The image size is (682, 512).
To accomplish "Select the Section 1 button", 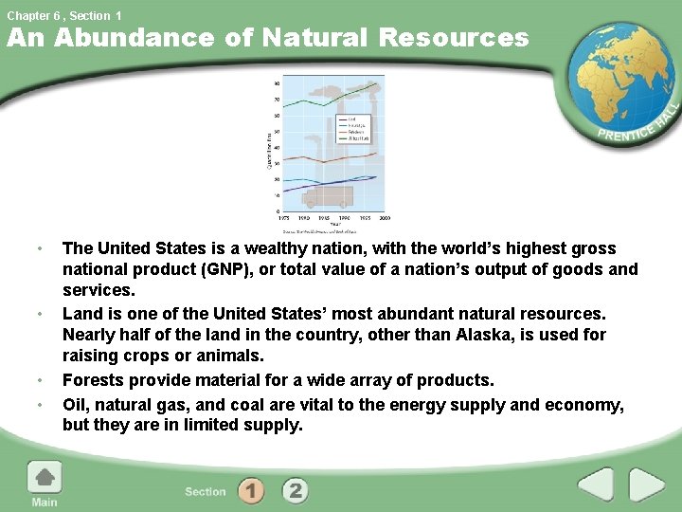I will [251, 490].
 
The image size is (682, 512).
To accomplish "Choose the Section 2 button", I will [296, 490].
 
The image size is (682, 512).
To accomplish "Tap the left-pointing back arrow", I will [597, 486].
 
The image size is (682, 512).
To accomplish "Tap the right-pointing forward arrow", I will [647, 486].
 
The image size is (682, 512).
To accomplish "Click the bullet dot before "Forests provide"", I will [39, 381].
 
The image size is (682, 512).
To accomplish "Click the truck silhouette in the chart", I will [326, 196].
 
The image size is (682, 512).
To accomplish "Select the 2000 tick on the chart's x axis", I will [385, 217].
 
